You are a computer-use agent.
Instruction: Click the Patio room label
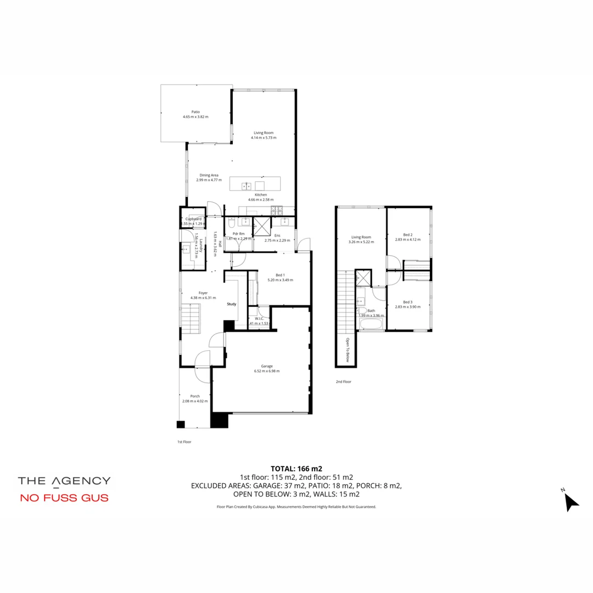[x=195, y=114]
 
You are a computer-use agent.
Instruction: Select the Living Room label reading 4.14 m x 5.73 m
[x=264, y=135]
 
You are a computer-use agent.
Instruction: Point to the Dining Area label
[x=209, y=177]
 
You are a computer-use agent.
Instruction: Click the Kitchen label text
[x=261, y=197]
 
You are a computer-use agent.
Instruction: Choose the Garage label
[x=267, y=368]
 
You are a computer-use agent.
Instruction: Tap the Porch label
[x=195, y=399]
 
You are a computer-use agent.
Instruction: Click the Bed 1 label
[x=280, y=277]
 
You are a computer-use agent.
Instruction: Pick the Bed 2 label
[x=407, y=237]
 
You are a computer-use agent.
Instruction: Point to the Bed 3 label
[x=407, y=304]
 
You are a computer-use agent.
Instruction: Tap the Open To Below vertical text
[x=348, y=350]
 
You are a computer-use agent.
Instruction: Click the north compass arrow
[x=571, y=501]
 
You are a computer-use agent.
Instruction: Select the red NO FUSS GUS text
[x=64, y=499]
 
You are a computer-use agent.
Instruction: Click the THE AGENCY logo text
[x=64, y=481]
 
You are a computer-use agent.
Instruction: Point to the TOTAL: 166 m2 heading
[x=296, y=469]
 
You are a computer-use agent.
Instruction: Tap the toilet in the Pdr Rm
[x=231, y=225]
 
